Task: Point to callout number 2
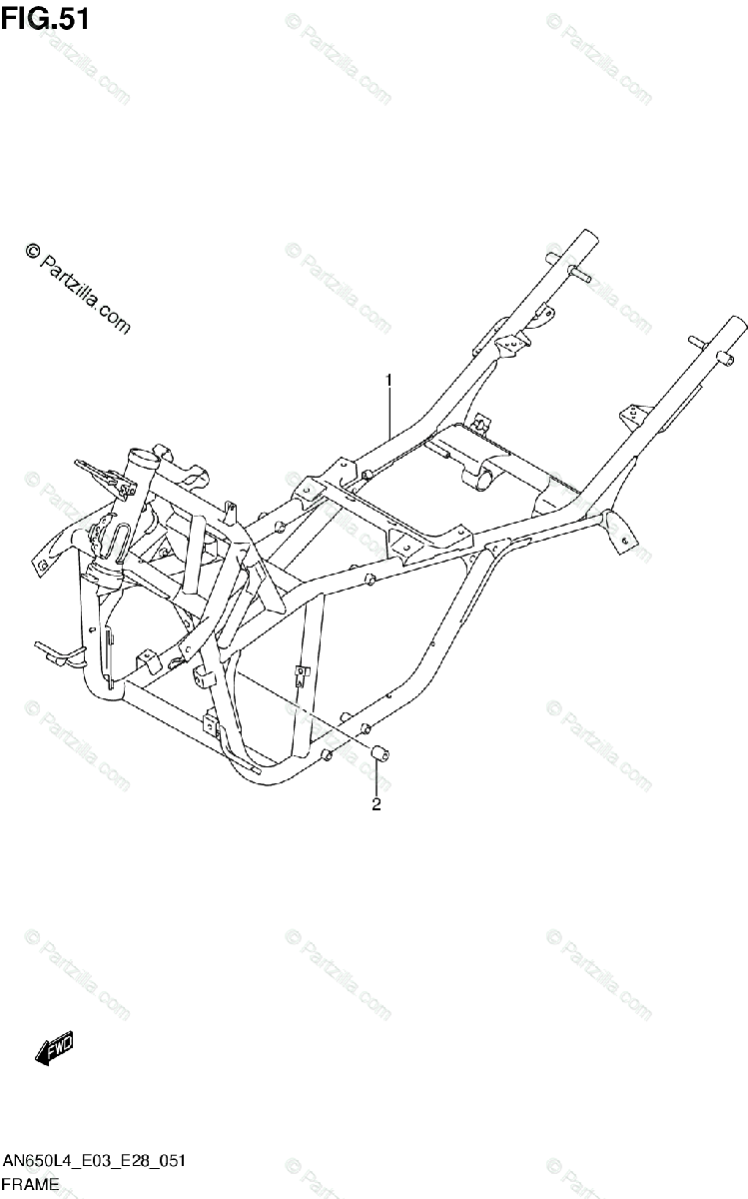point(376,805)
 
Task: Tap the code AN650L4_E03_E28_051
point(94,1162)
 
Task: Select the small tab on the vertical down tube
point(300,674)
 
